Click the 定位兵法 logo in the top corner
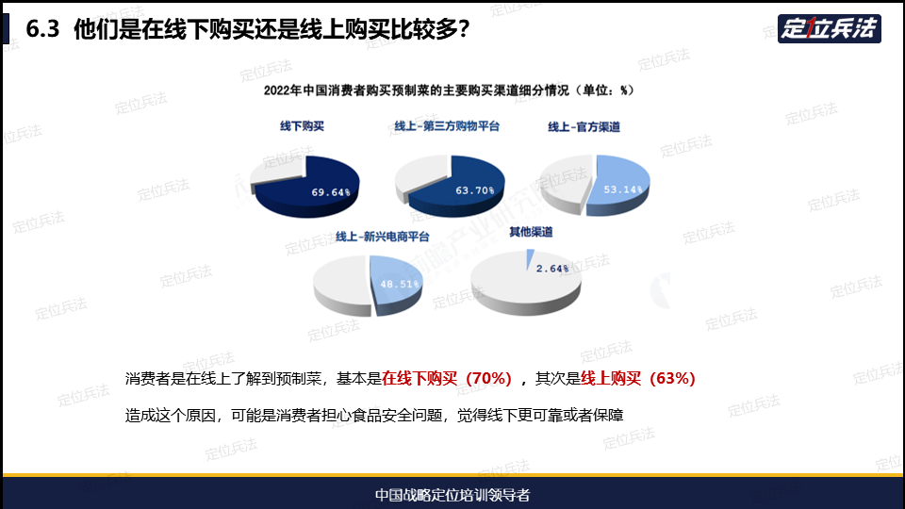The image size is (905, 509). [829, 28]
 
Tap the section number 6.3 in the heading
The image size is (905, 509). [42, 29]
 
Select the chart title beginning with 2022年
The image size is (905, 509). [449, 90]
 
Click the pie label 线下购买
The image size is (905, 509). [302, 126]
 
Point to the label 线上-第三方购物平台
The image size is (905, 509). [447, 126]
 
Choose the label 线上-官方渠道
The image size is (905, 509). [584, 127]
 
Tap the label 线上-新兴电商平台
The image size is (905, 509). [383, 237]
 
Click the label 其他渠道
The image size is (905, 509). [531, 232]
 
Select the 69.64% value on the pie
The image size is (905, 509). [331, 192]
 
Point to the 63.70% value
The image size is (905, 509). [475, 190]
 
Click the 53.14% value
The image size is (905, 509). [623, 189]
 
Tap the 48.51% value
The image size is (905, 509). [400, 284]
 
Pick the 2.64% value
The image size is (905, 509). [552, 269]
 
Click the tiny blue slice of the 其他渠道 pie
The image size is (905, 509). [529, 258]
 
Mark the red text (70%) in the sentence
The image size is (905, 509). [488, 379]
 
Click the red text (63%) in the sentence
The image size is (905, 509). [672, 379]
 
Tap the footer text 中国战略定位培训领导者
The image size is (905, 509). [452, 495]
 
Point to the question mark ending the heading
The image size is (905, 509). [464, 29]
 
